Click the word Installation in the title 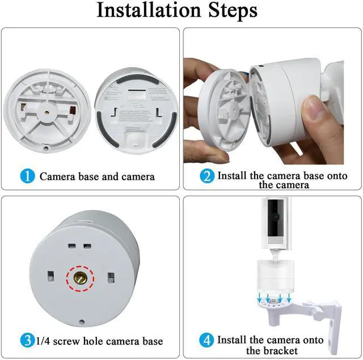pyautogui.click(x=149, y=10)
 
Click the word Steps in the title pyautogui.click(x=233, y=10)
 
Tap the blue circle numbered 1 pyautogui.click(x=28, y=176)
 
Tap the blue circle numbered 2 pyautogui.click(x=207, y=176)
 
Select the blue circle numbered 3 pyautogui.click(x=28, y=340)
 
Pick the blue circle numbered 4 pyautogui.click(x=206, y=340)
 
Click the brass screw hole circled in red pyautogui.click(x=81, y=278)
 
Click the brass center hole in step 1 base pyautogui.click(x=47, y=113)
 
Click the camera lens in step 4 pyautogui.click(x=276, y=217)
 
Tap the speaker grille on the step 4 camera pyautogui.click(x=276, y=240)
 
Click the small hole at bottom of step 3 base pyautogui.click(x=82, y=321)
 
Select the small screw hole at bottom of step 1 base pyautogui.click(x=46, y=149)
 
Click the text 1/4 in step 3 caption pyautogui.click(x=43, y=341)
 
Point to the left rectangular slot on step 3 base pyautogui.click(x=50, y=276)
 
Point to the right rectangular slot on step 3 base pyautogui.click(x=111, y=278)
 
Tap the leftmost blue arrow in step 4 pyautogui.click(x=260, y=297)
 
